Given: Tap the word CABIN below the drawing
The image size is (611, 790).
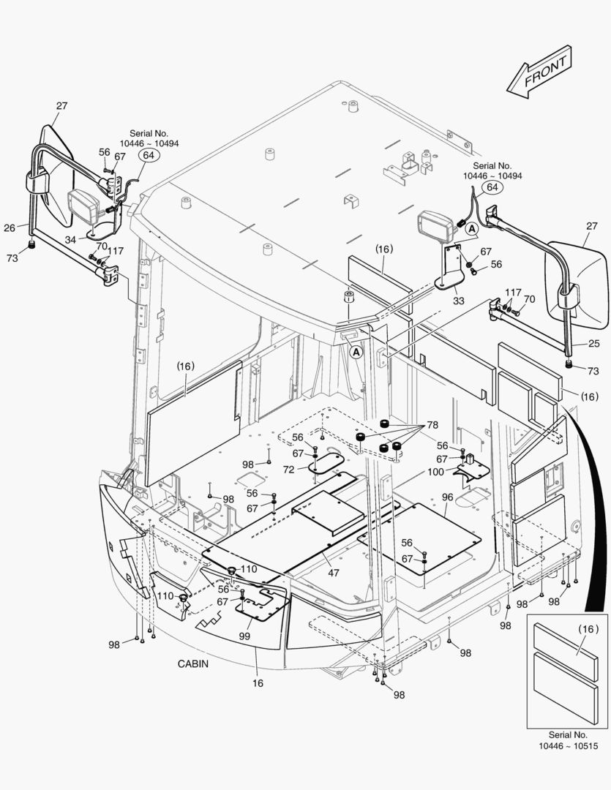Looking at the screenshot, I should [x=193, y=664].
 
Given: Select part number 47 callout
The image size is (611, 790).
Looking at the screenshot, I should [x=334, y=573].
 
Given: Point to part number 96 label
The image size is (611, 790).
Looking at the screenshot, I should [x=448, y=497].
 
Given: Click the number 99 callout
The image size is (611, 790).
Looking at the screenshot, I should [x=244, y=637].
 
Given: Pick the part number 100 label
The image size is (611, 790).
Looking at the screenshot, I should [x=436, y=472].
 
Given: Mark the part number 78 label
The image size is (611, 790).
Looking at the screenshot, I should [x=432, y=425].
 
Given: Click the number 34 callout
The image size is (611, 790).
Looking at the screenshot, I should [x=70, y=239].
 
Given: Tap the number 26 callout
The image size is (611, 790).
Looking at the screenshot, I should [x=9, y=227].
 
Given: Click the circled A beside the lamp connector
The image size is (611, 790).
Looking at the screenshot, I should [x=472, y=230].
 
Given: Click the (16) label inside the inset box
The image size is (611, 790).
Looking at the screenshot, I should [x=588, y=628].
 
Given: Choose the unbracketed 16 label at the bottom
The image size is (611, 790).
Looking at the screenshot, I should [x=258, y=683].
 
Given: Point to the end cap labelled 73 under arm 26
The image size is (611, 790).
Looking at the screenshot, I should [x=31, y=245].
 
